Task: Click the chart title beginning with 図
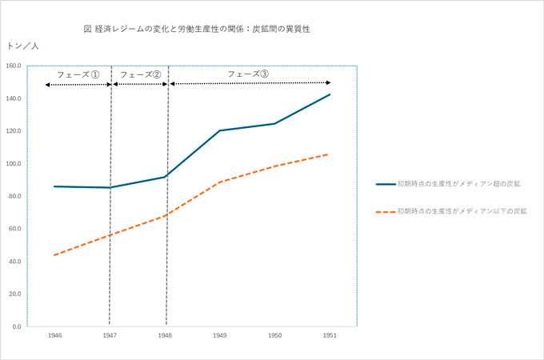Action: click(x=196, y=29)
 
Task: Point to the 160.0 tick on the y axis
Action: click(x=14, y=66)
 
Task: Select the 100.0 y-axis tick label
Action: click(x=14, y=164)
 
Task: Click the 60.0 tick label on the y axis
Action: click(x=15, y=229)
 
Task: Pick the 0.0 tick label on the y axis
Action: click(x=17, y=326)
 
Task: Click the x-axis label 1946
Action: click(x=54, y=336)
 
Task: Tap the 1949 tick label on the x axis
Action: click(x=219, y=336)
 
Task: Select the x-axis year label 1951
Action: click(x=329, y=336)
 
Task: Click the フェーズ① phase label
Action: click(x=78, y=74)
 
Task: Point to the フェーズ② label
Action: click(x=140, y=74)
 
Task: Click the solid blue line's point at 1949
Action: click(x=219, y=130)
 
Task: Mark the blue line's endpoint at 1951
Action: click(x=330, y=94)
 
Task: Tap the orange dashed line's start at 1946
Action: click(x=54, y=255)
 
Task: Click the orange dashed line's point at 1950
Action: click(x=274, y=166)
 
